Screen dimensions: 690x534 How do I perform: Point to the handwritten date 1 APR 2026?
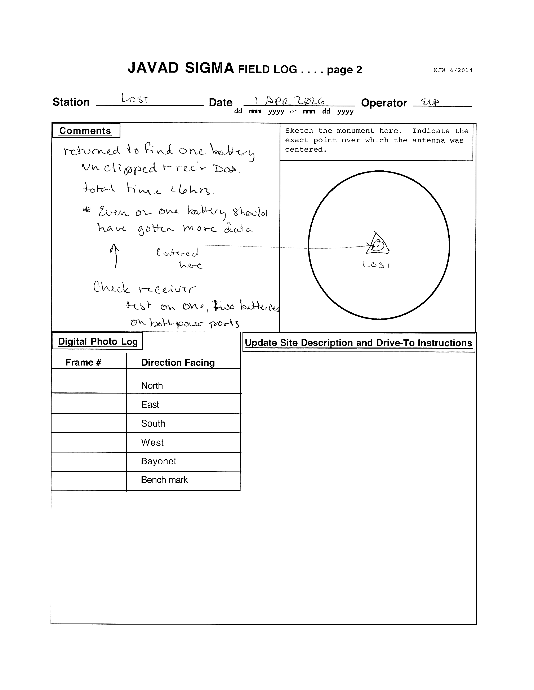tap(289, 101)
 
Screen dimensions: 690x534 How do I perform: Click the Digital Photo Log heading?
tap(98, 341)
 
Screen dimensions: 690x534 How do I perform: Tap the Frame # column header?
tap(83, 362)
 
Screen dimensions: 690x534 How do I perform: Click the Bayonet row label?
tap(159, 461)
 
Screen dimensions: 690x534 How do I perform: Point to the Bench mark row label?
tap(164, 480)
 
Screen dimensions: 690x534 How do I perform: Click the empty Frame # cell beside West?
tap(89, 442)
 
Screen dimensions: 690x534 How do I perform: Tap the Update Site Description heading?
tap(359, 343)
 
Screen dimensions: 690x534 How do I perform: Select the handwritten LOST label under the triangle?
tap(377, 265)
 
